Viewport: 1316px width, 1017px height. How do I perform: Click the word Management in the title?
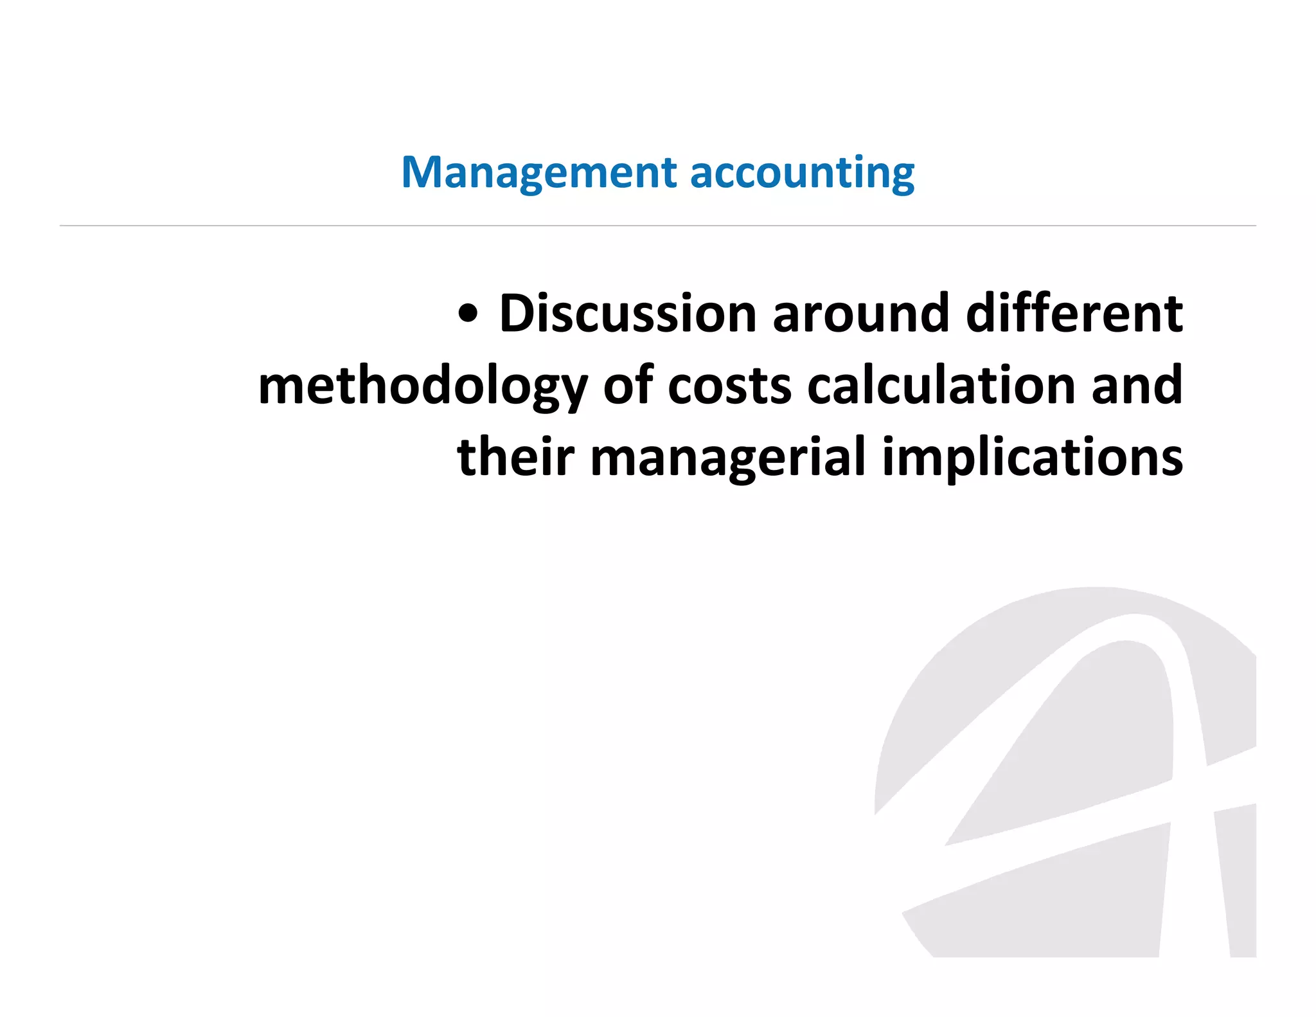(538, 174)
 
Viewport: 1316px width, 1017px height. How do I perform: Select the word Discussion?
(628, 314)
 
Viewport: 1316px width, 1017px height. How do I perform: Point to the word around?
(860, 314)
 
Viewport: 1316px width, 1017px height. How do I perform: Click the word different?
(1074, 314)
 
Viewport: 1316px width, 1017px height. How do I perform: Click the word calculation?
(941, 386)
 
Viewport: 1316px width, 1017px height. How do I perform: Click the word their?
(515, 457)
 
